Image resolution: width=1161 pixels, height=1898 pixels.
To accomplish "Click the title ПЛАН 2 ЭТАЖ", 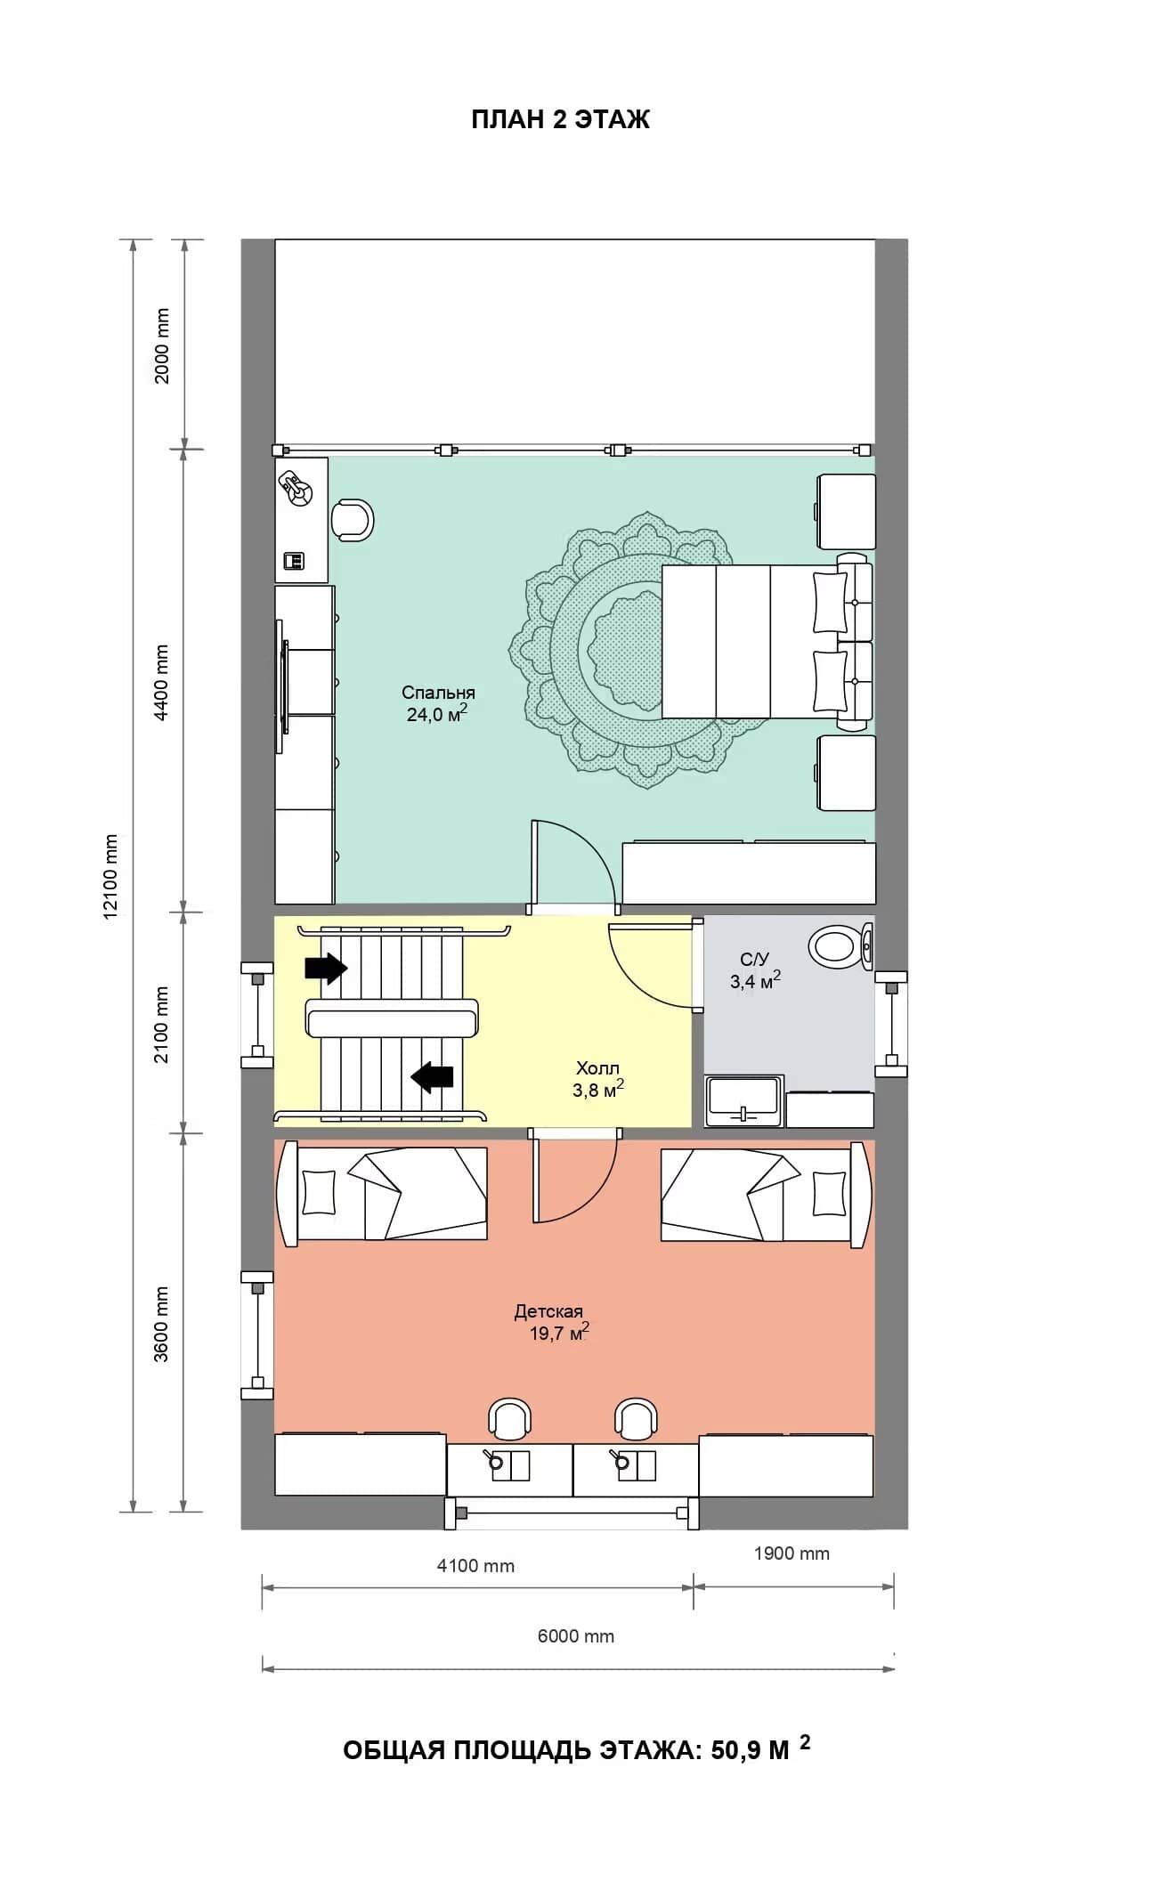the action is pyautogui.click(x=560, y=119).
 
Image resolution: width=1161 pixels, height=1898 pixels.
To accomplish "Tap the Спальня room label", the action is pyautogui.click(x=438, y=692).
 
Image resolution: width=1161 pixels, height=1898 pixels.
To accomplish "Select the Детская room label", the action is pyautogui.click(x=548, y=1310).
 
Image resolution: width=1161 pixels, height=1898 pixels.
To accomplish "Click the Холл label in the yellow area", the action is pyautogui.click(x=597, y=1067).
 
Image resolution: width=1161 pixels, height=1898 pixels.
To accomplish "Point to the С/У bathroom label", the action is pyautogui.click(x=754, y=959).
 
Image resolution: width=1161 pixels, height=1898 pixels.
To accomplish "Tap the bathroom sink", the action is pyautogui.click(x=744, y=1100).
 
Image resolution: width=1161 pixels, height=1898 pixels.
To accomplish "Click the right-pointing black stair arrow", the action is pyautogui.click(x=326, y=967).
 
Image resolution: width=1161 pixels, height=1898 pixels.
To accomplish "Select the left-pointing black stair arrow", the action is pyautogui.click(x=432, y=1076).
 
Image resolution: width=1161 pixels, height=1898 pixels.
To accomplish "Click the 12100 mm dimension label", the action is pyautogui.click(x=111, y=877).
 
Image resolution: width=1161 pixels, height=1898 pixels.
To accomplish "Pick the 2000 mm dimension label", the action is pyautogui.click(x=162, y=345).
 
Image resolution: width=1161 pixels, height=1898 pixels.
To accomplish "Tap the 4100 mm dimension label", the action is pyautogui.click(x=475, y=1565).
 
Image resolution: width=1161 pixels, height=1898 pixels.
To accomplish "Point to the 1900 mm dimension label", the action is pyautogui.click(x=792, y=1553).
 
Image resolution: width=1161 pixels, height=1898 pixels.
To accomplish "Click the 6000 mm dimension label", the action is pyautogui.click(x=576, y=1635).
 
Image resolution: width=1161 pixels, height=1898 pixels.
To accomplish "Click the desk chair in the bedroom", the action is pyautogui.click(x=353, y=521).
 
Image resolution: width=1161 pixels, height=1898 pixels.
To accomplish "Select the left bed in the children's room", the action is pyautogui.click(x=383, y=1194).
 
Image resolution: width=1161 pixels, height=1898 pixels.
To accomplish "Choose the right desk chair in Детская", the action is pyautogui.click(x=636, y=1419).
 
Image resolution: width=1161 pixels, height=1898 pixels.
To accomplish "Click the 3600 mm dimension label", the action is pyautogui.click(x=162, y=1324).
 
